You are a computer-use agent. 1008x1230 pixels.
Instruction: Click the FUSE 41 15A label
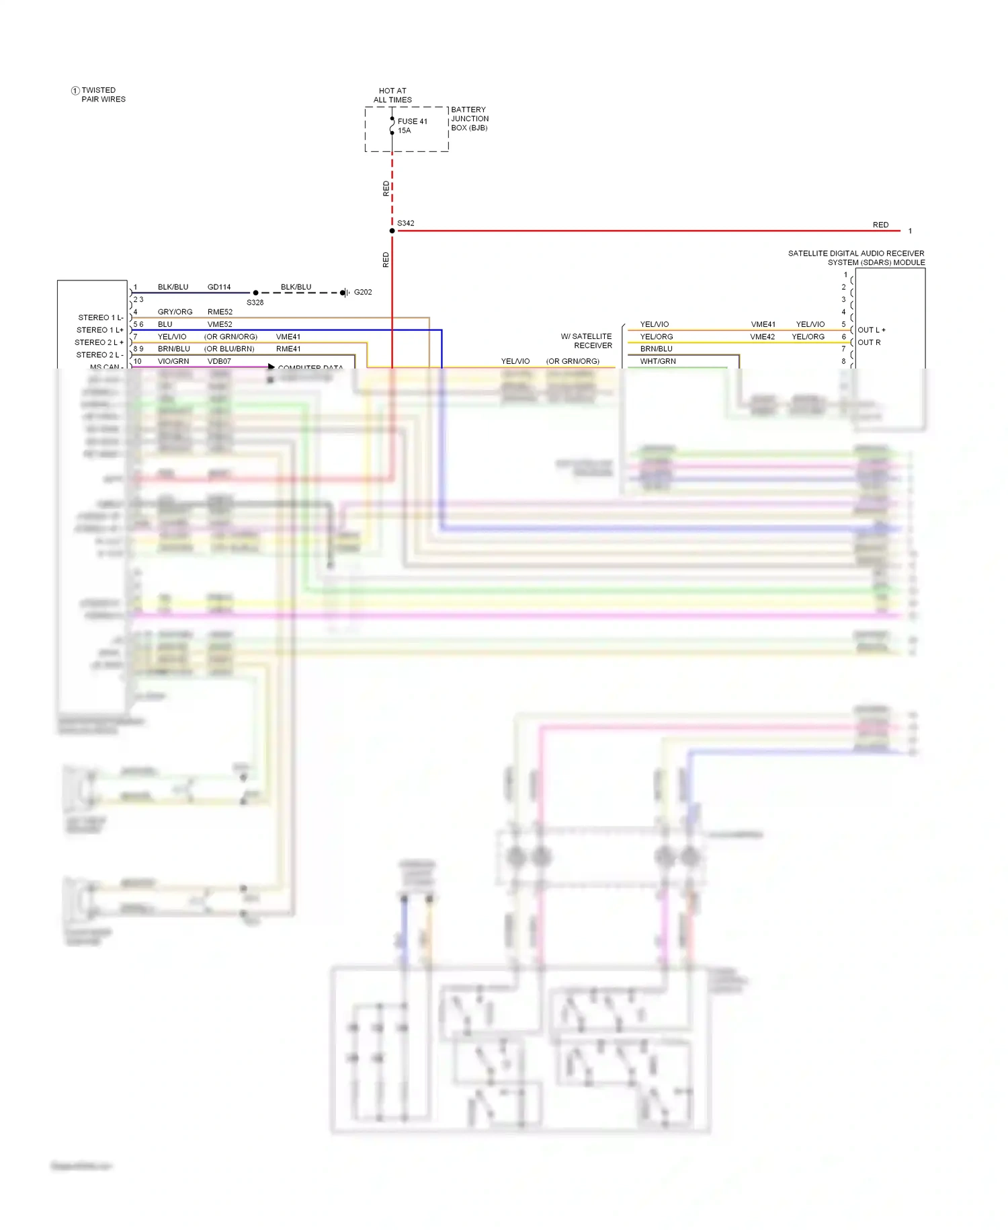pyautogui.click(x=412, y=126)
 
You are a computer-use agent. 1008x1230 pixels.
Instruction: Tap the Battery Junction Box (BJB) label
pyautogui.click(x=469, y=118)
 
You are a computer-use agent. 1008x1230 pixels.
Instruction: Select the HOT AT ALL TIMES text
pyautogui.click(x=392, y=95)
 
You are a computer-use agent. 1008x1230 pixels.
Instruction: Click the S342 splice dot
pyautogui.click(x=392, y=231)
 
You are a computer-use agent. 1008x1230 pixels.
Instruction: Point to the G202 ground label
pyautogui.click(x=363, y=292)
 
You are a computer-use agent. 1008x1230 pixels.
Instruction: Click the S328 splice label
pyautogui.click(x=255, y=303)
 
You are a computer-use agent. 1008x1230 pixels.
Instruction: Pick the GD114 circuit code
pyautogui.click(x=219, y=287)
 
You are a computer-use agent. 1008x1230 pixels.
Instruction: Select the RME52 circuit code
pyautogui.click(x=220, y=312)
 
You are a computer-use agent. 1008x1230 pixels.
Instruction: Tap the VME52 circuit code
pyautogui.click(x=220, y=324)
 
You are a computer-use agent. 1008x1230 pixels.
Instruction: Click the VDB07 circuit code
pyautogui.click(x=219, y=361)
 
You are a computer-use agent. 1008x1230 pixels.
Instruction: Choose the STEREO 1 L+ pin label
pyautogui.click(x=99, y=330)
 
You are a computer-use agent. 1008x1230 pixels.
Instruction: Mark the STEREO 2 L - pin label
pyautogui.click(x=99, y=355)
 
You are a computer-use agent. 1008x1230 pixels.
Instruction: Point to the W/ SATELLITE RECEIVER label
pyautogui.click(x=587, y=341)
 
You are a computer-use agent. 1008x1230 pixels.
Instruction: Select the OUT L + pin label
pyautogui.click(x=872, y=330)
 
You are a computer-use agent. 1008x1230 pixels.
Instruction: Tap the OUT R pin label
pyautogui.click(x=869, y=342)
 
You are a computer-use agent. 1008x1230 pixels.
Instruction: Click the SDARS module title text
pyautogui.click(x=856, y=258)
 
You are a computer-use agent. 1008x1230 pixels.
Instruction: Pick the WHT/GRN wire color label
pyautogui.click(x=658, y=361)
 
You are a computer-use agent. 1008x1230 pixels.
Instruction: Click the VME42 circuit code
pyautogui.click(x=763, y=337)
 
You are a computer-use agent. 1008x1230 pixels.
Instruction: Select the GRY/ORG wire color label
pyautogui.click(x=175, y=312)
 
